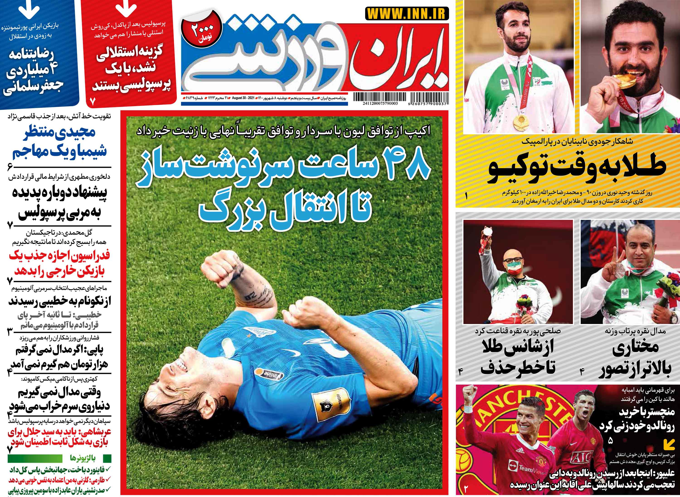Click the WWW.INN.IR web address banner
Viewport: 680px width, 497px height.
[407, 14]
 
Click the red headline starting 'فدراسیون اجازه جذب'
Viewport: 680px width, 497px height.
[60, 264]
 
